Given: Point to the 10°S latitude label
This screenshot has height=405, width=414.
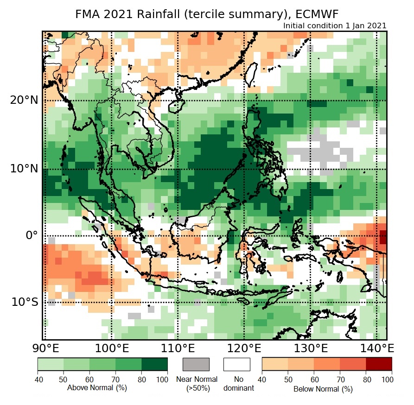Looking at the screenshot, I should click(x=25, y=302).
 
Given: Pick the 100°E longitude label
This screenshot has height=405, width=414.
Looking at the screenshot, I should click(x=112, y=348).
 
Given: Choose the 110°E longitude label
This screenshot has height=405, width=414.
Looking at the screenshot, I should click(x=178, y=348).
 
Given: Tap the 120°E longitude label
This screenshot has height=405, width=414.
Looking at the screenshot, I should click(x=243, y=348).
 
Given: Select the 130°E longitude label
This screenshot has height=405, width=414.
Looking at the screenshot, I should click(x=309, y=348).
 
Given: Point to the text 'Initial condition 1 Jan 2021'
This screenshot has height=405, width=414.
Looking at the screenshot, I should click(x=334, y=26).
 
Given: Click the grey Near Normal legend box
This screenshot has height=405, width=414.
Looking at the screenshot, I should click(x=197, y=364).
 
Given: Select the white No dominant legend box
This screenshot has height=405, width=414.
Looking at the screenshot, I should click(x=237, y=364).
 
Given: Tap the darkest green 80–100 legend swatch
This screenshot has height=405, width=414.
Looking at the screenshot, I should click(x=155, y=364).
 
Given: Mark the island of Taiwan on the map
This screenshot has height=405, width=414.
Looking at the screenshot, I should click(x=251, y=75).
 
